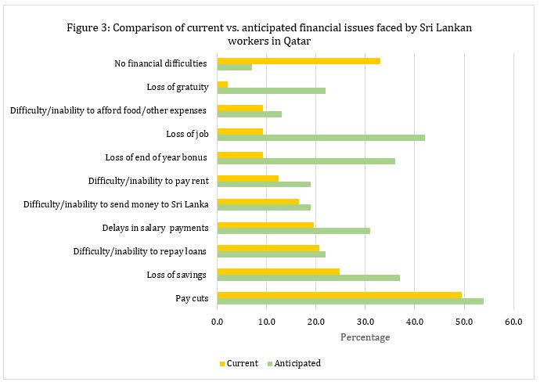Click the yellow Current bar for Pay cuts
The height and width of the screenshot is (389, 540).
coord(339,294)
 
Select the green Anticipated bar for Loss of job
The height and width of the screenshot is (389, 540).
coord(321,137)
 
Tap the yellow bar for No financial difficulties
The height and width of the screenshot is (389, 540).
coord(298,60)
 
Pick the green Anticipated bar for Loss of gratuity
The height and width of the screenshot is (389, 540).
coord(271,91)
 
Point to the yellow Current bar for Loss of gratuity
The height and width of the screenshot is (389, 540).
coord(222,84)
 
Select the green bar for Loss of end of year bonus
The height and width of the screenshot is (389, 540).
coord(306,161)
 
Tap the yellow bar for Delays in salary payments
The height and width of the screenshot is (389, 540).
coord(265,225)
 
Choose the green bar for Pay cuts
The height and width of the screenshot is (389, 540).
coord(350,301)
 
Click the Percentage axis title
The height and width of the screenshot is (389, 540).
coord(365,337)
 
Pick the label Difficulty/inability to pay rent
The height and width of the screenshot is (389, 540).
coord(148,181)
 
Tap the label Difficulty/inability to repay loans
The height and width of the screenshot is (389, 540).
coord(140,251)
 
